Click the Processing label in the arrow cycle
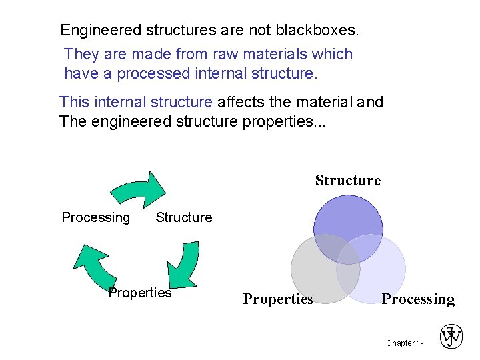point(96,217)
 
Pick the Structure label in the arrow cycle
point(183,217)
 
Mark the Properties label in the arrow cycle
point(140,293)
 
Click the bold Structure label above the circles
point(347,181)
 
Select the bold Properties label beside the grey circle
point(277,299)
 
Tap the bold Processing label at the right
point(418,299)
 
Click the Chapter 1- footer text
point(403,343)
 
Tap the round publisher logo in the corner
point(451,337)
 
